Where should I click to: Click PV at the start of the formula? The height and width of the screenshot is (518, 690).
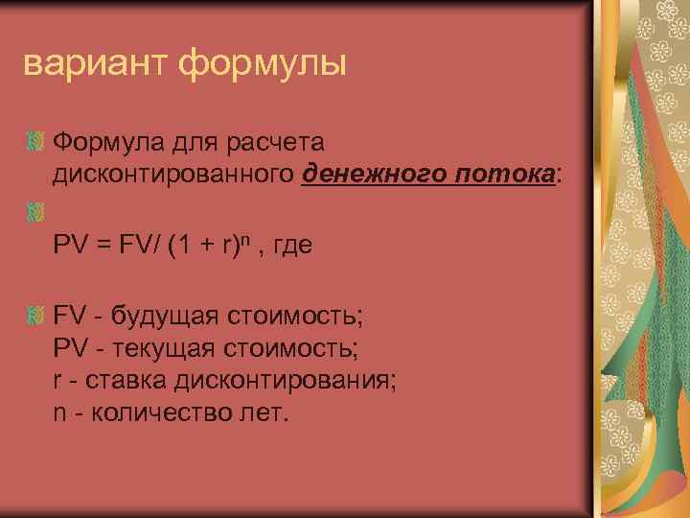pos(70,247)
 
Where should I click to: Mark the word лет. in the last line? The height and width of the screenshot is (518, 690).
pos(261,412)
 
